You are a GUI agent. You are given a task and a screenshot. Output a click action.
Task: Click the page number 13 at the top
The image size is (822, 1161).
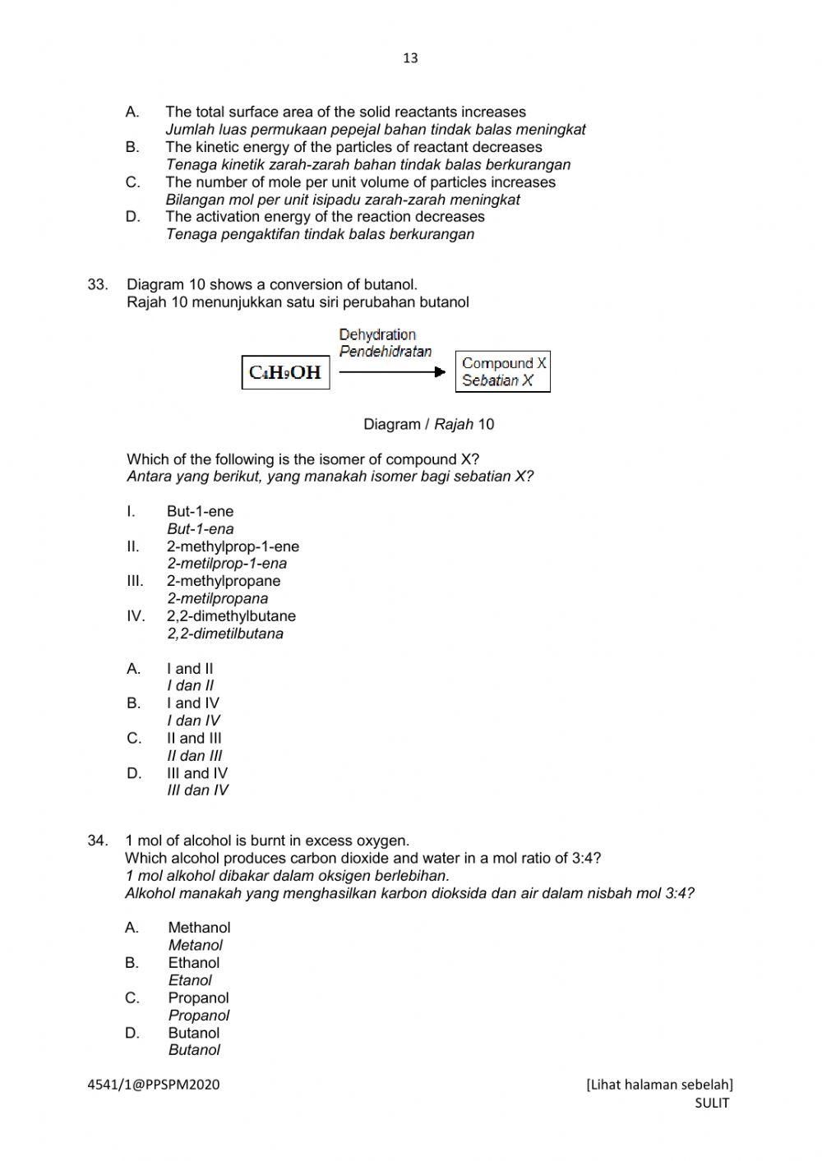coord(411,58)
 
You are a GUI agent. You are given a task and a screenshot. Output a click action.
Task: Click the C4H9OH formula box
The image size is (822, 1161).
coord(285,372)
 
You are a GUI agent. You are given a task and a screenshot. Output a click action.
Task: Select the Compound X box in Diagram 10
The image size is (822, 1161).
coord(503,371)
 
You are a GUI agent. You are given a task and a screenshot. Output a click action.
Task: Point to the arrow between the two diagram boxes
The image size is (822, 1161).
coord(392,372)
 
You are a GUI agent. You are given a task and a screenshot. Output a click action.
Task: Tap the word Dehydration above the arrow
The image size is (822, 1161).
coord(377,334)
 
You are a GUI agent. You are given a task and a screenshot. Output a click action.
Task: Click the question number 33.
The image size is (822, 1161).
coord(98,285)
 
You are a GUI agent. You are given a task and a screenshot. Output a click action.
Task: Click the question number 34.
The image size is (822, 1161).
coord(98,841)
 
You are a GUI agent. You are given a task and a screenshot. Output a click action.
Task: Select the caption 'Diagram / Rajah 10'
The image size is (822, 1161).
coord(428,425)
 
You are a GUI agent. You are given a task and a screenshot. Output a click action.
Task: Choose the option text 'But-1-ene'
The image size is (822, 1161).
coord(200,512)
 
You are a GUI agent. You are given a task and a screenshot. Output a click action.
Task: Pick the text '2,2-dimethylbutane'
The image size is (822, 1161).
coord(231,616)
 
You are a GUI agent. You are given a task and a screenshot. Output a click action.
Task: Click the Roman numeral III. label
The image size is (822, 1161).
coord(135,581)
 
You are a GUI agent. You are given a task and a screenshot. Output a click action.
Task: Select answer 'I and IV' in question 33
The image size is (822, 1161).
coord(193,703)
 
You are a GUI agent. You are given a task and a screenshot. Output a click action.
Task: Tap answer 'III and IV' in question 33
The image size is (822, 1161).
coord(197,773)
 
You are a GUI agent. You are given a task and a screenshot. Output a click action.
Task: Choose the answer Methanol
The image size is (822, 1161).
coord(199,928)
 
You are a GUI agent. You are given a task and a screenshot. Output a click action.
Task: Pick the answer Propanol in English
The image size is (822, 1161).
coord(198,998)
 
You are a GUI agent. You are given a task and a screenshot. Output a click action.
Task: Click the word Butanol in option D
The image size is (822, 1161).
coord(194,1033)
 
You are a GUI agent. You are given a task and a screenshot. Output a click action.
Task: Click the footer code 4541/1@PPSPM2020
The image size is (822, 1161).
coord(154,1085)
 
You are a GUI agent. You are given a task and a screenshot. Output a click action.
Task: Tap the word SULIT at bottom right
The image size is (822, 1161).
coord(712,1103)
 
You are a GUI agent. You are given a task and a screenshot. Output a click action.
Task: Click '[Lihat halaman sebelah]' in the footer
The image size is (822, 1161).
coord(659,1085)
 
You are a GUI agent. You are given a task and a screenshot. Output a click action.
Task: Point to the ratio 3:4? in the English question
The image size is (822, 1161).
coord(586,859)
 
